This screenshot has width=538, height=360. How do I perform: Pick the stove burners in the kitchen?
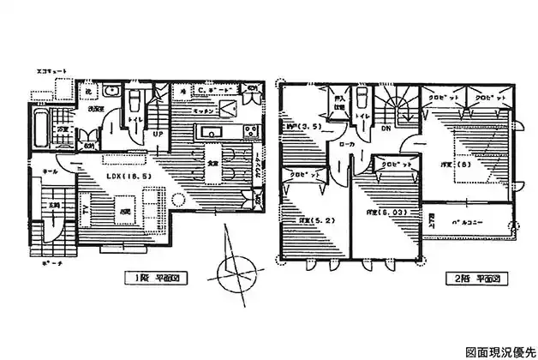tap(250, 132)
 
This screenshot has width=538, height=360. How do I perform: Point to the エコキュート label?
tap(52, 69)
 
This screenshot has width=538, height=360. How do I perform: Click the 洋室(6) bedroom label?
tap(461, 165)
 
